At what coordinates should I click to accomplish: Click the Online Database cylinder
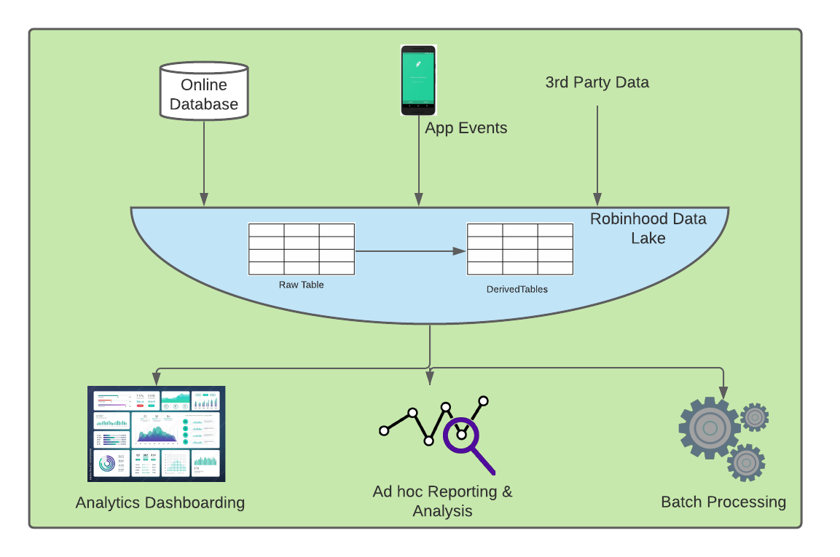click(x=204, y=90)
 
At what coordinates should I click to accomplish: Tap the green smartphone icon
click(x=418, y=80)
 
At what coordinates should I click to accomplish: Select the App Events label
click(x=466, y=128)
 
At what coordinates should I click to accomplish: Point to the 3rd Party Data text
click(x=597, y=82)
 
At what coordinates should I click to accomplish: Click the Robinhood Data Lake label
click(x=648, y=228)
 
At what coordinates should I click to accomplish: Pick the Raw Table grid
click(x=302, y=249)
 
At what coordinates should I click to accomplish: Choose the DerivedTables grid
click(x=519, y=249)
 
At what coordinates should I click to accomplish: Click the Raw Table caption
click(x=302, y=285)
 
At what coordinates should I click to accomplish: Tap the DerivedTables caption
click(x=517, y=289)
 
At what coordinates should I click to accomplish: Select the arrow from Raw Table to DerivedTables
click(x=410, y=251)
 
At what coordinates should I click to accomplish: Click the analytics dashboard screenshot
click(x=157, y=433)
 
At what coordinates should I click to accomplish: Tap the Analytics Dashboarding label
click(x=160, y=502)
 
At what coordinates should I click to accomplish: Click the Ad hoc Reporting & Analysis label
click(x=442, y=501)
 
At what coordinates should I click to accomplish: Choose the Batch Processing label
click(x=723, y=502)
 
